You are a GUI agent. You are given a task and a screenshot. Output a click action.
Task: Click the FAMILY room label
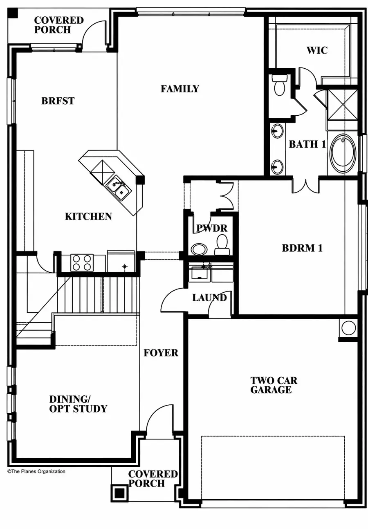tap(180, 89)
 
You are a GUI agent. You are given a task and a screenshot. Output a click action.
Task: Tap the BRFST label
tap(58, 101)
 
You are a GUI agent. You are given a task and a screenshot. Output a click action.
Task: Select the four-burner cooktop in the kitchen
tap(82, 262)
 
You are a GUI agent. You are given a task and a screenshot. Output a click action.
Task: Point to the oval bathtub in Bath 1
tap(343, 153)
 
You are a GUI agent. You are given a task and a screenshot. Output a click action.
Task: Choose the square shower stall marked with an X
tap(343, 104)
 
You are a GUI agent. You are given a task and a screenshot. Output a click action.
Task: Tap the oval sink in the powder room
tap(199, 249)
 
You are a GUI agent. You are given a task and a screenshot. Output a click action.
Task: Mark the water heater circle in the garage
tap(348, 328)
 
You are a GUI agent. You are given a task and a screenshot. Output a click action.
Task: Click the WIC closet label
tap(317, 51)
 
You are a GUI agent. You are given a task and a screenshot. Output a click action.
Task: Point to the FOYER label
tap(161, 353)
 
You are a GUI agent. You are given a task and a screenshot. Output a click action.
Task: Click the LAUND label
tap(209, 298)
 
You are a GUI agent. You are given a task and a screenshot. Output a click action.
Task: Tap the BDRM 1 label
tap(302, 248)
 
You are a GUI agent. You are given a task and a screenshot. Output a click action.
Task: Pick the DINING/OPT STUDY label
tap(78, 404)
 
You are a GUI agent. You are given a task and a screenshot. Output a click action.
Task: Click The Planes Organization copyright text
tap(36, 471)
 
